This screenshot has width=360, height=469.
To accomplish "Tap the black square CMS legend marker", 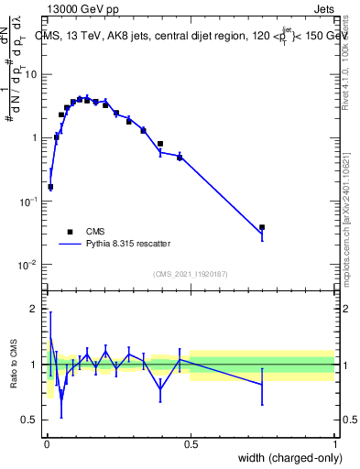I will tap(69, 233).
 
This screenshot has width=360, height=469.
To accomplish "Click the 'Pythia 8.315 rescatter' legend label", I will tap(128, 245).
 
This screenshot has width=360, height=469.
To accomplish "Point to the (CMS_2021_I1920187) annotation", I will tap(191, 274).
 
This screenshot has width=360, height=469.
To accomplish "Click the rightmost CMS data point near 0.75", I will tap(262, 227).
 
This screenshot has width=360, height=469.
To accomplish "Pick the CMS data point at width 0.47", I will tap(180, 158).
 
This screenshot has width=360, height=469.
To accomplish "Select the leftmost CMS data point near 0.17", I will tap(50, 187).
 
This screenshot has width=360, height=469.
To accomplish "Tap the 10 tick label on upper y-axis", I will tap(30, 74).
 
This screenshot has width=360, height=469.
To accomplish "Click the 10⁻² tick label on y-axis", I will tap(29, 265).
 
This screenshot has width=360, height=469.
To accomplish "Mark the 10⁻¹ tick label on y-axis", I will tap(29, 201).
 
